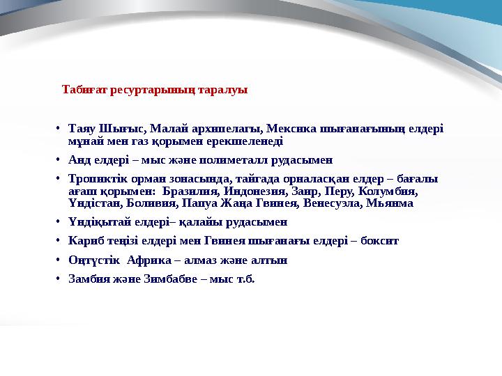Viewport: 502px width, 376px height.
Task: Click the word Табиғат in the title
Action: point(84,91)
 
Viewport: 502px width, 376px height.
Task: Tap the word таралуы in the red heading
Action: point(223,91)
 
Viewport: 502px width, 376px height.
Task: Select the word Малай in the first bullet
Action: point(165,129)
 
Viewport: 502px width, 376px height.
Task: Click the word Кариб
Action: point(84,242)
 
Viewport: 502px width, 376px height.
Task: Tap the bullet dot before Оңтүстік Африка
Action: point(61,260)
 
